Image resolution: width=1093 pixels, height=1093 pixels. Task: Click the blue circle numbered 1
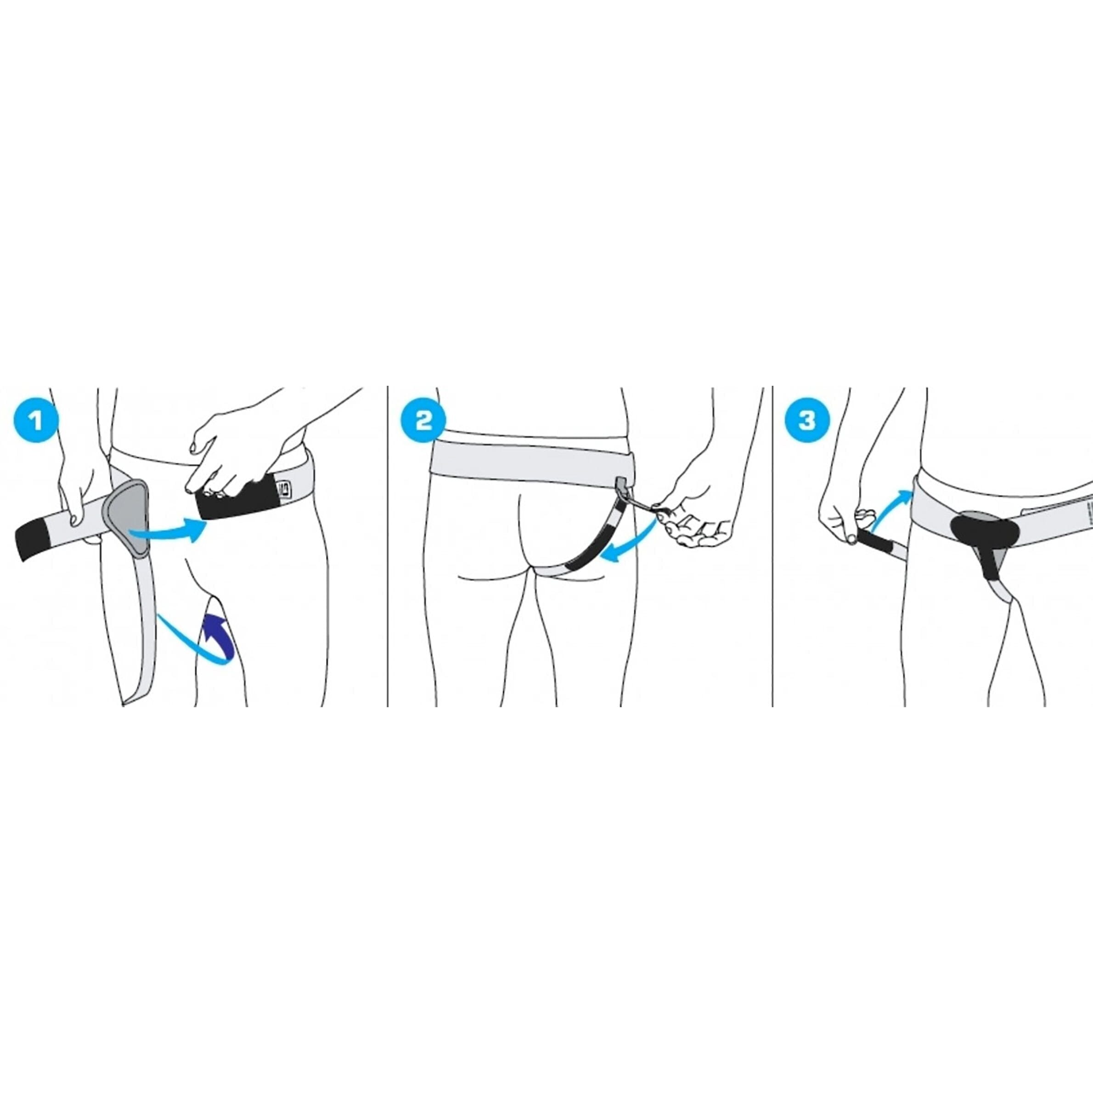[36, 420]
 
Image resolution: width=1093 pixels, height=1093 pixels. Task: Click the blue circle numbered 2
[423, 420]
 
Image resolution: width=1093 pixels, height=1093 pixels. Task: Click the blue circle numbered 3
[807, 420]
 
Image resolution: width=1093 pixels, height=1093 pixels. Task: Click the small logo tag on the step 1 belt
[283, 486]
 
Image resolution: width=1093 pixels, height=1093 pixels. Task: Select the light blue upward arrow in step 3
[891, 512]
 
